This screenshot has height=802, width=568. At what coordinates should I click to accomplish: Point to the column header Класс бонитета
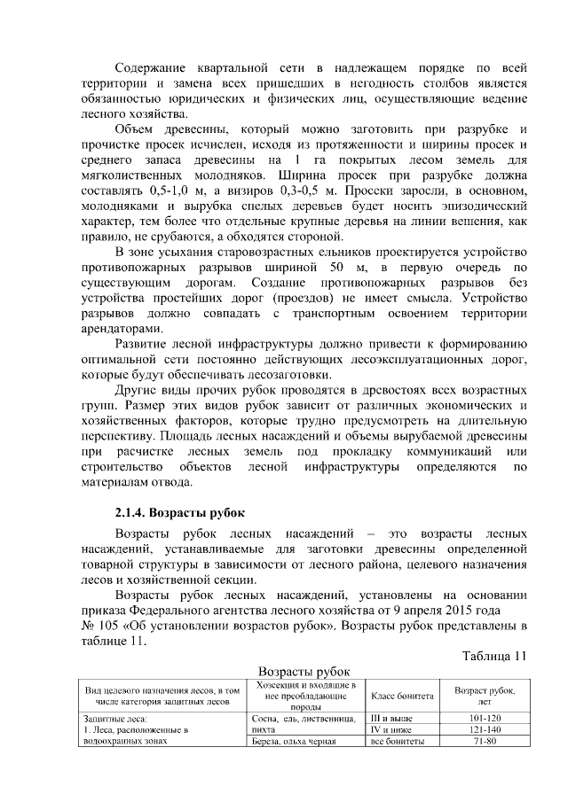click(x=401, y=696)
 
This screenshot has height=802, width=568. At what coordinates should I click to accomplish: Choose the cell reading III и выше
click(x=391, y=717)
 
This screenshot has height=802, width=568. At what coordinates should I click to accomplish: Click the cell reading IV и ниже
click(x=391, y=729)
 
